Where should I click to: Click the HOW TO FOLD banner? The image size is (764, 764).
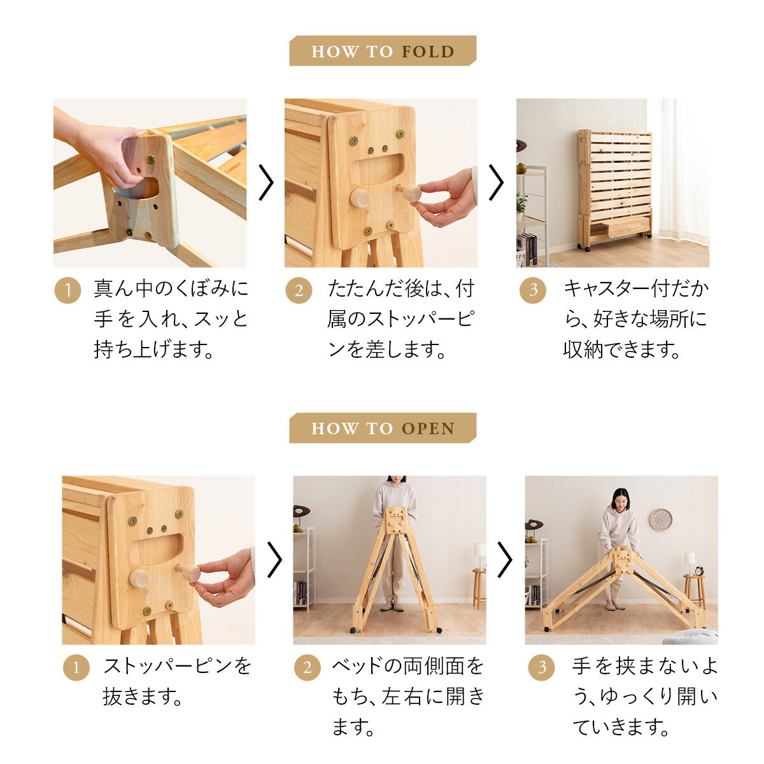(x=383, y=51)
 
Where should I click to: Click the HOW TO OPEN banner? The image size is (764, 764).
(x=383, y=428)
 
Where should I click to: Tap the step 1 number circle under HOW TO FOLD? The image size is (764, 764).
(x=67, y=290)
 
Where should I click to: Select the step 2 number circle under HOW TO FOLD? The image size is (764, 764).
(x=299, y=290)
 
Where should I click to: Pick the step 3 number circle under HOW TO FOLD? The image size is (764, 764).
(x=533, y=290)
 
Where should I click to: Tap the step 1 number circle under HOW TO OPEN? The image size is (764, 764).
(x=76, y=668)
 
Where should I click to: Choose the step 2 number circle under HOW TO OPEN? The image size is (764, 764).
(x=308, y=668)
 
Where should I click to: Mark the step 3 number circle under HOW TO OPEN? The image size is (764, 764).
(x=542, y=668)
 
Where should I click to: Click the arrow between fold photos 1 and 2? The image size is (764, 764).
(x=265, y=183)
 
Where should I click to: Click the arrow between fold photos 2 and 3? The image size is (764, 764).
(x=497, y=183)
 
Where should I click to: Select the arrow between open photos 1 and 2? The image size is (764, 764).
(x=274, y=560)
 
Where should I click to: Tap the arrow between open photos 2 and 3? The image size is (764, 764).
(x=505, y=560)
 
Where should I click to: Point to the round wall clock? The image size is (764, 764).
(x=660, y=520)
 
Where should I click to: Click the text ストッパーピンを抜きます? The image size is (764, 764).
(x=177, y=681)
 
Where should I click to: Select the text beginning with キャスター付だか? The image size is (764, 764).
(x=635, y=319)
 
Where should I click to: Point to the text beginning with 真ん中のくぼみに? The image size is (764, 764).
(x=171, y=319)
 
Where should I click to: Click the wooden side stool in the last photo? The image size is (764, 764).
(x=695, y=590)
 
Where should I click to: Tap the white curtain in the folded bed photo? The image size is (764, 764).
(x=683, y=172)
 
